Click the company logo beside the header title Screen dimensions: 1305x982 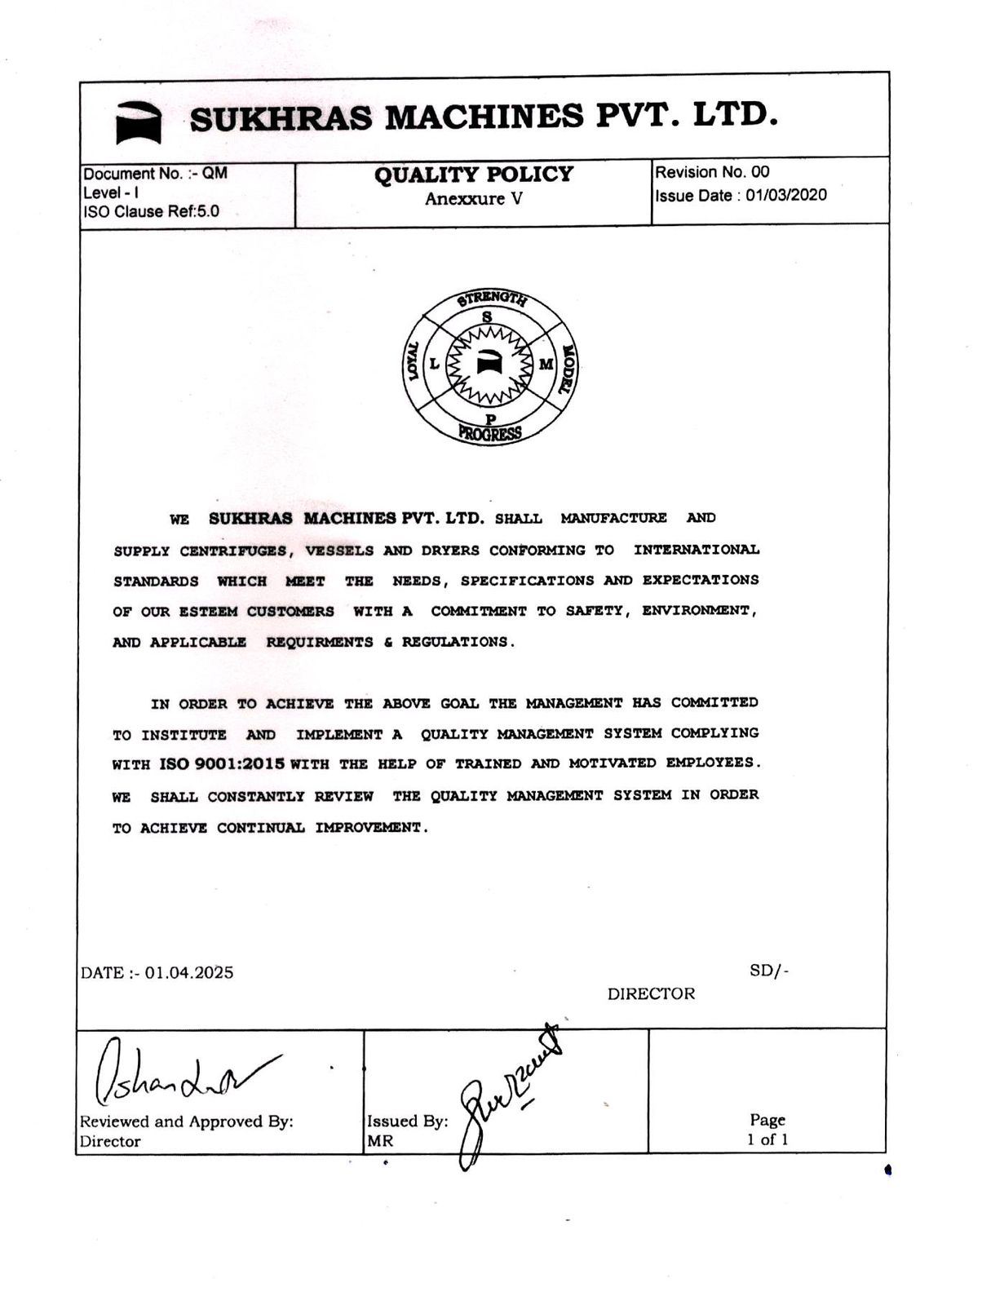click(139, 122)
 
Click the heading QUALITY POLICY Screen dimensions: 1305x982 click(473, 175)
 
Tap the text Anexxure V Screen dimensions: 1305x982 click(473, 199)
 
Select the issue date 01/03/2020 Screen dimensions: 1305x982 click(786, 195)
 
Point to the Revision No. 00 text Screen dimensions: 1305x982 click(712, 172)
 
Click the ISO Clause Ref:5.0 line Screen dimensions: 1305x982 click(151, 212)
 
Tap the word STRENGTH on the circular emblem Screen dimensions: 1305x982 click(492, 298)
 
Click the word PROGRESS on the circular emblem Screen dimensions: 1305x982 click(489, 433)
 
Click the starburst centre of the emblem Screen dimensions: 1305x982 click(489, 364)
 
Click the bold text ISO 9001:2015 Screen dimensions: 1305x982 click(221, 764)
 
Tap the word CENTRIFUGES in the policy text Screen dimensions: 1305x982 click(233, 551)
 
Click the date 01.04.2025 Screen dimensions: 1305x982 click(189, 972)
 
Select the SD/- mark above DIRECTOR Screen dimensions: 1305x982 click(768, 971)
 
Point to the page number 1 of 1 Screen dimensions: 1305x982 click(767, 1139)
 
